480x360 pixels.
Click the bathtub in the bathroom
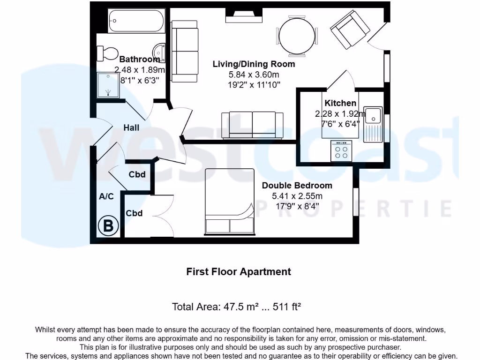pyautogui.click(x=136, y=21)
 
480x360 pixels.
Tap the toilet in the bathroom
pyautogui.click(x=107, y=53)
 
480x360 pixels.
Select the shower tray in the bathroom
pyautogui.click(x=108, y=85)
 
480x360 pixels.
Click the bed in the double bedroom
pyautogui.click(x=230, y=202)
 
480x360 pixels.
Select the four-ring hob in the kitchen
pyautogui.click(x=341, y=151)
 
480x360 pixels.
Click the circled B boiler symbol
pyautogui.click(x=108, y=226)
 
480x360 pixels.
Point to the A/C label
pyautogui.click(x=106, y=196)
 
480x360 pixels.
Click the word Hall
pyautogui.click(x=131, y=127)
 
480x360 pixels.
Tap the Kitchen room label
pyautogui.click(x=340, y=103)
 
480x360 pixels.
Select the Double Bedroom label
pyautogui.click(x=297, y=186)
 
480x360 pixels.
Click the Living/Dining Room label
pyautogui.click(x=254, y=64)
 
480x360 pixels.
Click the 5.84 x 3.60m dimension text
pyautogui.click(x=254, y=75)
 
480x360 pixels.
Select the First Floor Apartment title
pyautogui.click(x=239, y=272)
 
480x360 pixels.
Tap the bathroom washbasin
pyautogui.click(x=160, y=52)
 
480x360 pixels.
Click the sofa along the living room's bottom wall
pyautogui.click(x=252, y=124)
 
